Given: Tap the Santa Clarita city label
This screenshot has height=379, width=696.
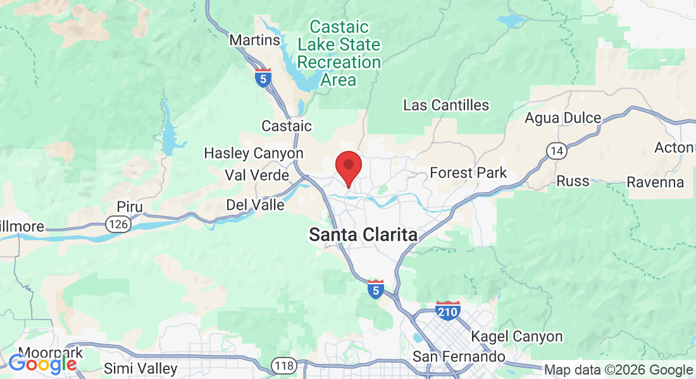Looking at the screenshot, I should click(x=363, y=235).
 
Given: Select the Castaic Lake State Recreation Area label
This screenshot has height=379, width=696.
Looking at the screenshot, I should click(x=339, y=54).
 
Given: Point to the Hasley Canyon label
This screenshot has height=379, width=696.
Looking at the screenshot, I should click(x=253, y=153).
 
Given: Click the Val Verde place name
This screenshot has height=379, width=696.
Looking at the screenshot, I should click(x=257, y=175).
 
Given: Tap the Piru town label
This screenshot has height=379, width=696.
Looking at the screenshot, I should click(x=130, y=207).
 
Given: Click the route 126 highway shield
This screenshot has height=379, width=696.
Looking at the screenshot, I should click(x=118, y=224).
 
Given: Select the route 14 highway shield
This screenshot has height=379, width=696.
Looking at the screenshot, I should click(x=556, y=150).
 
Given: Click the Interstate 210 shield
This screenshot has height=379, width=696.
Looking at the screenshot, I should click(x=447, y=310).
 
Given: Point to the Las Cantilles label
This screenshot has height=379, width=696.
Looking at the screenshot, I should click(x=446, y=105).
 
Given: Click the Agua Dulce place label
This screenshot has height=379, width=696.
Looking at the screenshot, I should click(x=562, y=118).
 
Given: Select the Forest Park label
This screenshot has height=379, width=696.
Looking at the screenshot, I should click(x=468, y=172).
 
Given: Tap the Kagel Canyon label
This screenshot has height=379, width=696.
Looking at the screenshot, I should click(x=517, y=337).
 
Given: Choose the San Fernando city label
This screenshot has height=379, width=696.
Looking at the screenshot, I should click(x=459, y=357).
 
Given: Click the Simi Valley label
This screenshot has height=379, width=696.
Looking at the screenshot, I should click(x=140, y=368).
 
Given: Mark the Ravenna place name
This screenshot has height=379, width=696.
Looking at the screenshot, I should click(x=655, y=183).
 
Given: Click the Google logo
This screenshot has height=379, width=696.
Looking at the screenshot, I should click(x=42, y=363).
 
